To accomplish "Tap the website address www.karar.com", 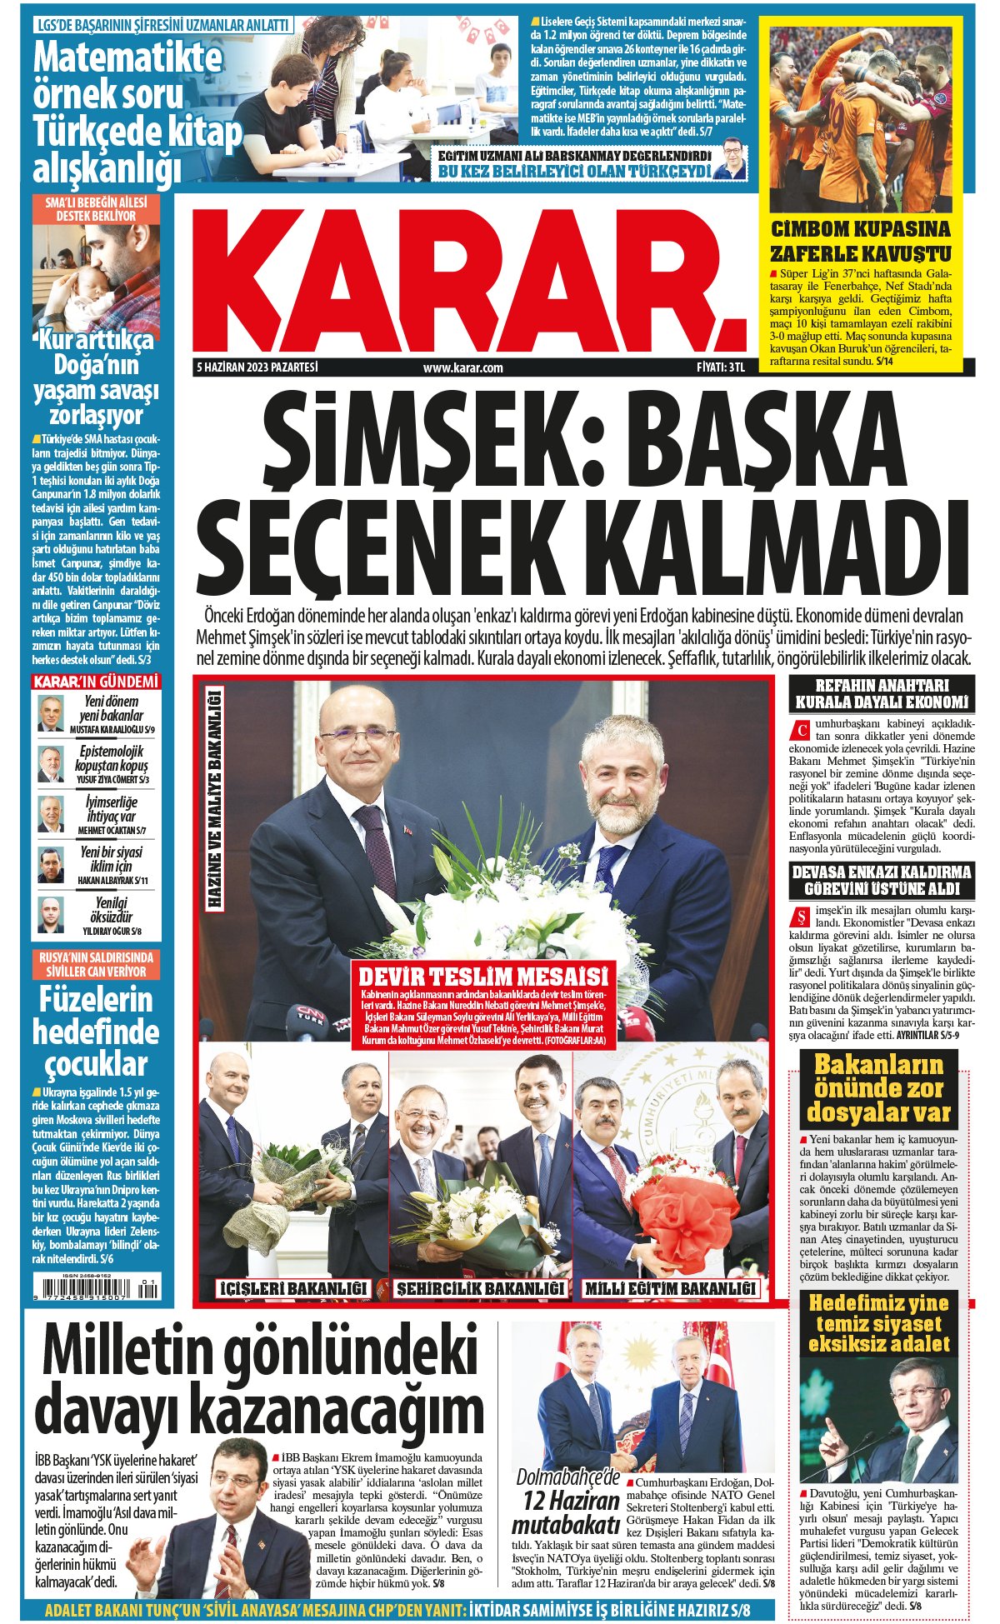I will pyautogui.click(x=462, y=367).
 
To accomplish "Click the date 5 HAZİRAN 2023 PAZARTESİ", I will pyautogui.click(x=257, y=367).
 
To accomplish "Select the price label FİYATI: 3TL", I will pyautogui.click(x=720, y=367).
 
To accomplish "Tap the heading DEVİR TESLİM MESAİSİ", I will pyautogui.click(x=482, y=976).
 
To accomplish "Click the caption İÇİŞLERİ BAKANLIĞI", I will pyautogui.click(x=292, y=1288).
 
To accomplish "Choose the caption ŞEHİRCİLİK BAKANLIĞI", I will pyautogui.click(x=480, y=1288).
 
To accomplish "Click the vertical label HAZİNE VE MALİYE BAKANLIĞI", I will pyautogui.click(x=214, y=798).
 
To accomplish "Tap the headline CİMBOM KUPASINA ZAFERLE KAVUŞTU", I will pyautogui.click(x=861, y=241).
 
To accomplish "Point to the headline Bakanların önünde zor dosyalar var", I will pyautogui.click(x=878, y=1088).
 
